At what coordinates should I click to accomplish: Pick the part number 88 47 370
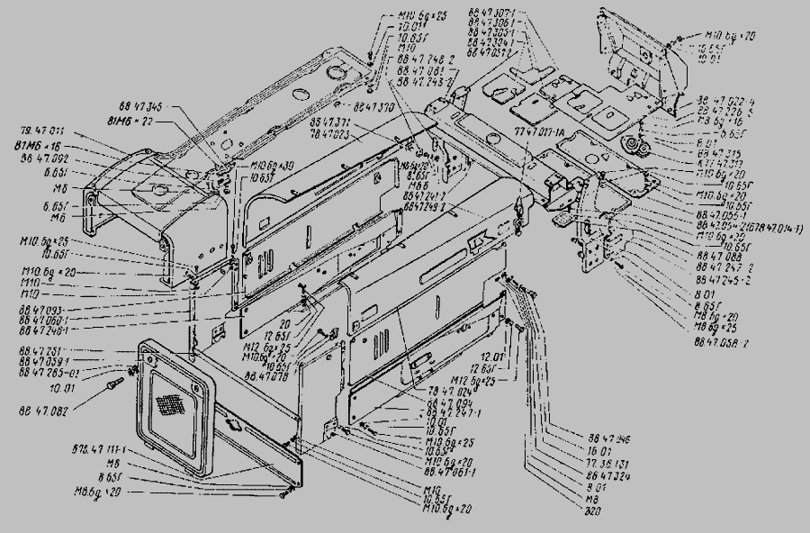[373, 105]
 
